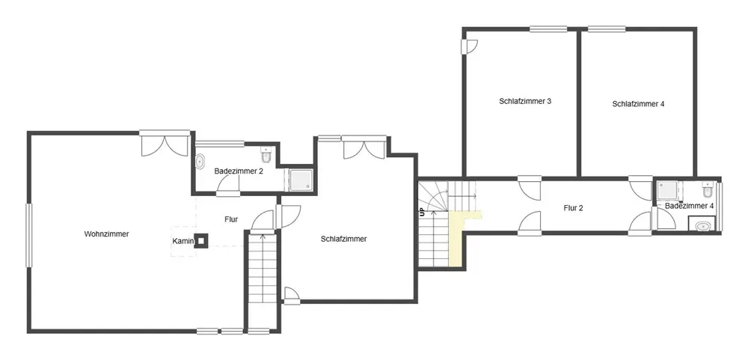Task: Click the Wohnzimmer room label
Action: [106, 234]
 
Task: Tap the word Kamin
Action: [183, 242]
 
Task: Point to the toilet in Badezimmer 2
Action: [266, 155]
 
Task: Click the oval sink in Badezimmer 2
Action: [200, 162]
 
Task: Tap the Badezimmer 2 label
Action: [239, 171]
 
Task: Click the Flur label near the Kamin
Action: [231, 219]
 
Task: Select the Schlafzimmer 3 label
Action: [526, 101]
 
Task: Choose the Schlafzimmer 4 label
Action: [638, 103]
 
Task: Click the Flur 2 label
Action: [574, 208]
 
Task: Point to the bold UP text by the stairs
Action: [422, 212]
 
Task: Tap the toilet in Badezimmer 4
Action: [707, 191]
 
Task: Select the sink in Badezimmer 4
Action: [702, 226]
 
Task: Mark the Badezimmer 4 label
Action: [690, 207]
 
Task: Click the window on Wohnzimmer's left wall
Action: [29, 235]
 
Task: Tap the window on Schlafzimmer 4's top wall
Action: [607, 29]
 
